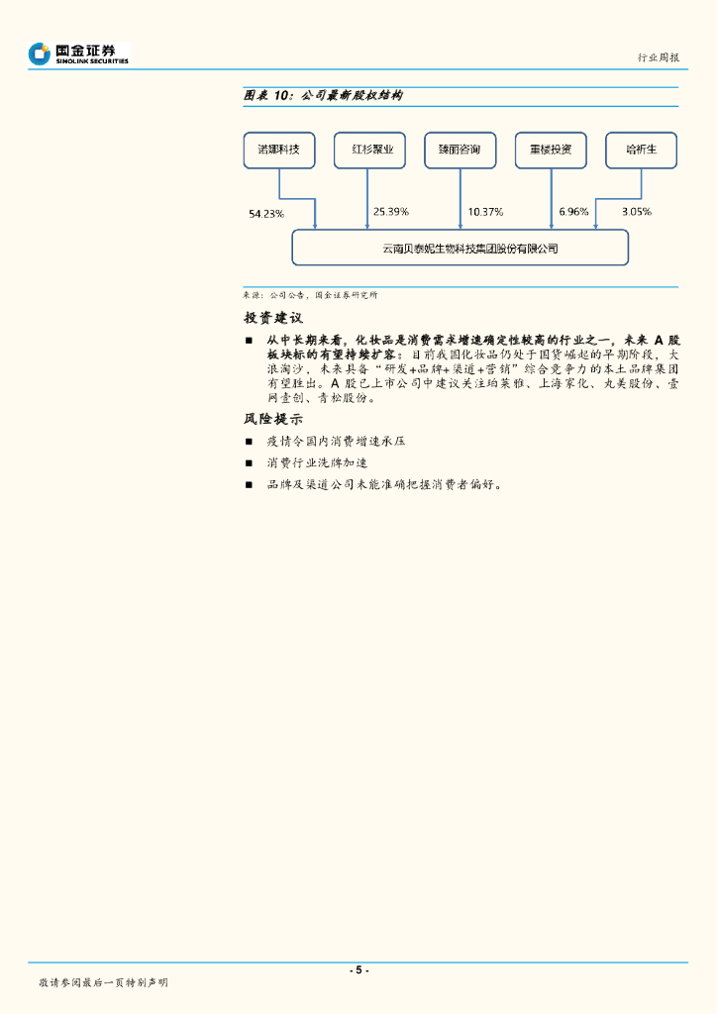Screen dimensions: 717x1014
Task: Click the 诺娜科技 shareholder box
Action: click(x=279, y=151)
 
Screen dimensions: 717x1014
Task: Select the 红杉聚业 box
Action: click(x=369, y=151)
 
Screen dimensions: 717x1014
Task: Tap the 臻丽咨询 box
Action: click(x=460, y=151)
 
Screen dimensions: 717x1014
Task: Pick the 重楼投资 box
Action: click(x=551, y=151)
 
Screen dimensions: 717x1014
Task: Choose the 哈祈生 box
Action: click(x=642, y=151)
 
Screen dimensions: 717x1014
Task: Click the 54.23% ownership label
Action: click(x=266, y=213)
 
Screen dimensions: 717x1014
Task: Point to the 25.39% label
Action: click(x=391, y=212)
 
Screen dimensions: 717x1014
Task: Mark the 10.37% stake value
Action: click(x=485, y=212)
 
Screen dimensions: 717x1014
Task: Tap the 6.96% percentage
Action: click(x=574, y=212)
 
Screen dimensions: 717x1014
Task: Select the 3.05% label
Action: click(x=637, y=212)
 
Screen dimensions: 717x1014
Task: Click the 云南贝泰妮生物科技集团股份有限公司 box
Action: click(x=460, y=248)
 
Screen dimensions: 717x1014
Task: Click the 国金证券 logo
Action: click(x=79, y=53)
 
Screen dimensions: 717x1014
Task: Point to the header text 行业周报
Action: click(x=659, y=58)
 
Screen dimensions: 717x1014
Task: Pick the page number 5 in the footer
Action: click(x=358, y=970)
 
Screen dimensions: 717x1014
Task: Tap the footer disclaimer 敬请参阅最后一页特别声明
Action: click(x=103, y=982)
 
